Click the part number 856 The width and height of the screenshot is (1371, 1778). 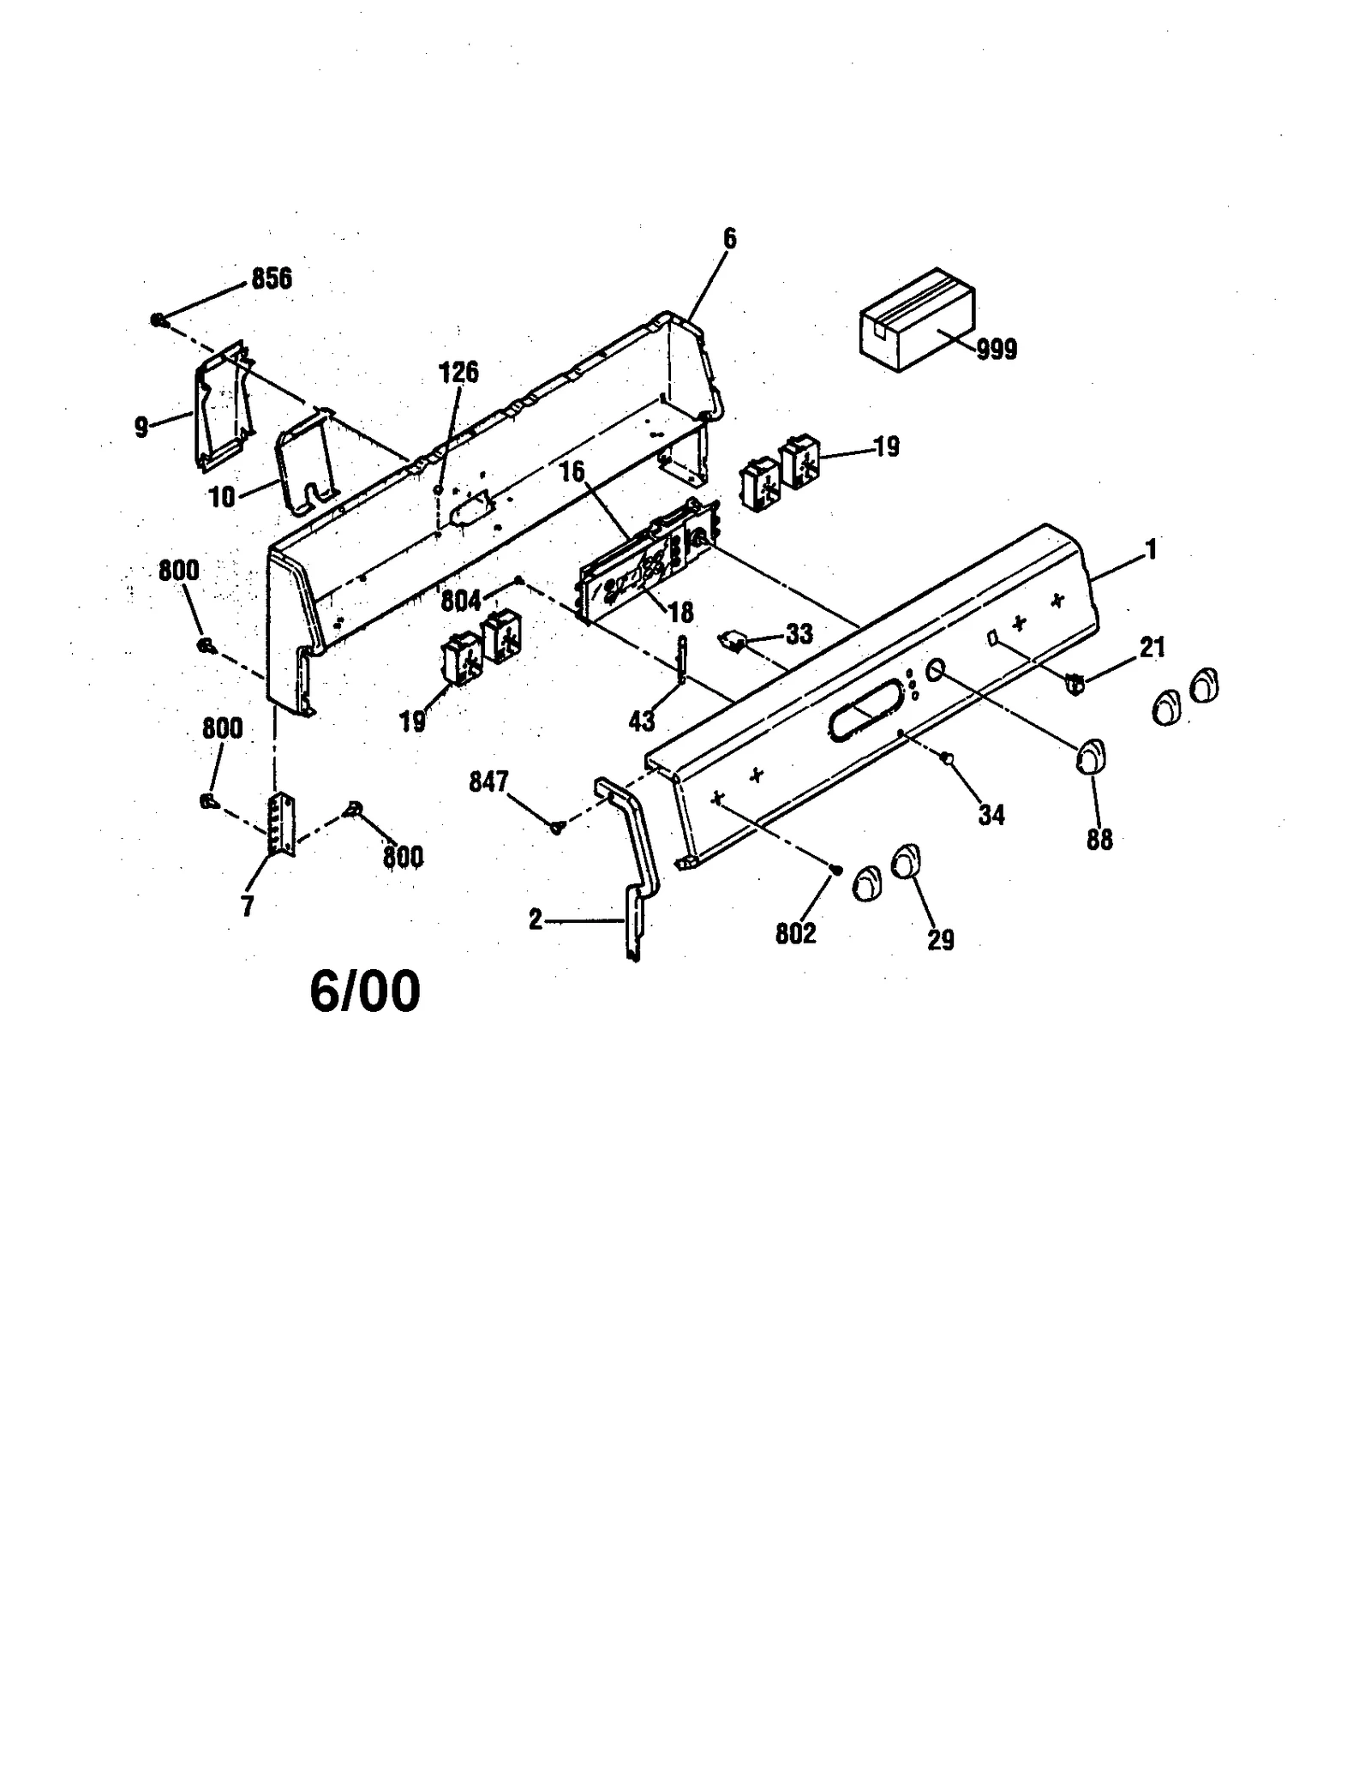pyautogui.click(x=271, y=278)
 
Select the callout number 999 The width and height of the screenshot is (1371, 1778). pyautogui.click(x=997, y=350)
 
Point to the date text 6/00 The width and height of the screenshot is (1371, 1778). pyautogui.click(x=365, y=992)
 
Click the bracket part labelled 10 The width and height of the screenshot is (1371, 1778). pyautogui.click(x=306, y=463)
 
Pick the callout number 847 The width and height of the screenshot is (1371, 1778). pyautogui.click(x=488, y=781)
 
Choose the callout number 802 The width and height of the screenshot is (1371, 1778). pyautogui.click(x=795, y=934)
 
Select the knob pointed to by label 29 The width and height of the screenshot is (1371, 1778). pyautogui.click(x=907, y=862)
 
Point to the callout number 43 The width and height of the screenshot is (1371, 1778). pyautogui.click(x=642, y=722)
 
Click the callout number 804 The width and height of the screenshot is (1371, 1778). pyautogui.click(x=461, y=602)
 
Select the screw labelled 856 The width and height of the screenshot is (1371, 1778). pyautogui.click(x=159, y=320)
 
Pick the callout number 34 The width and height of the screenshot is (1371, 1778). pyautogui.click(x=991, y=815)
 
